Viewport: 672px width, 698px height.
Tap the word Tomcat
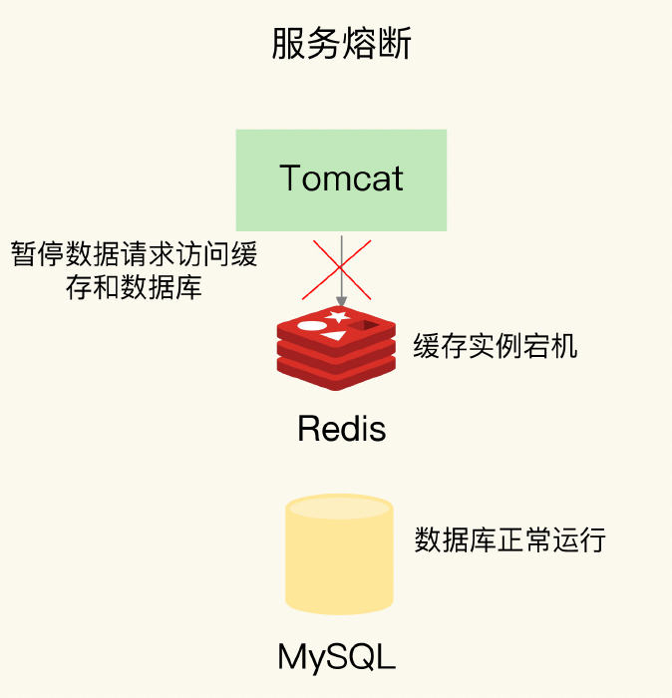pyautogui.click(x=341, y=178)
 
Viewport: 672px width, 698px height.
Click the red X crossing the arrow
pyautogui.click(x=340, y=268)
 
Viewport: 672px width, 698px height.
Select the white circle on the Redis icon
pyautogui.click(x=312, y=325)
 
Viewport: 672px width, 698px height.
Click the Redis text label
pyautogui.click(x=341, y=430)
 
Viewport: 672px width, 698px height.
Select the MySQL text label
pyautogui.click(x=336, y=658)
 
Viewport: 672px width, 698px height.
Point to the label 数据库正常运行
pyautogui.click(x=510, y=540)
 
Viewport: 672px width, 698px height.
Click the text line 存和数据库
pyautogui.click(x=134, y=288)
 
